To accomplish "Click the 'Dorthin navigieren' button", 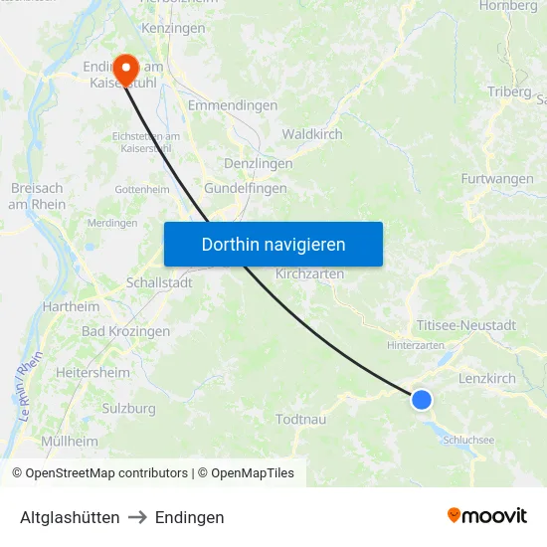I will (x=273, y=244).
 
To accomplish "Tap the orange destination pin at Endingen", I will (x=126, y=68).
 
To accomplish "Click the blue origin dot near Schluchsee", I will (x=422, y=399).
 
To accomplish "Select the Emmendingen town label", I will (x=232, y=105).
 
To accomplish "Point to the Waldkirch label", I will (x=312, y=134).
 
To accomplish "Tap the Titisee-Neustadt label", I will (x=466, y=325).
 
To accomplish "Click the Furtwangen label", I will (x=497, y=179).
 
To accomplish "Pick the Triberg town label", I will (x=510, y=91).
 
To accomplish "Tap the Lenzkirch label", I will (x=487, y=379).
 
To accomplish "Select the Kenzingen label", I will (x=173, y=28).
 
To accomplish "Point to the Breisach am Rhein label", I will (x=38, y=196).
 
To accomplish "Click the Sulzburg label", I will (x=129, y=408).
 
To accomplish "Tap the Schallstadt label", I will (x=159, y=282).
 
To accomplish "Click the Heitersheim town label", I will (x=92, y=372).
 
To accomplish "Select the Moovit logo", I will (x=487, y=515).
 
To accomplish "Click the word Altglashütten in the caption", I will (x=70, y=517).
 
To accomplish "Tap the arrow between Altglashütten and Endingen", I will (x=137, y=517).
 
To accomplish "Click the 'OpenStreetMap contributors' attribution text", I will (x=106, y=473).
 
